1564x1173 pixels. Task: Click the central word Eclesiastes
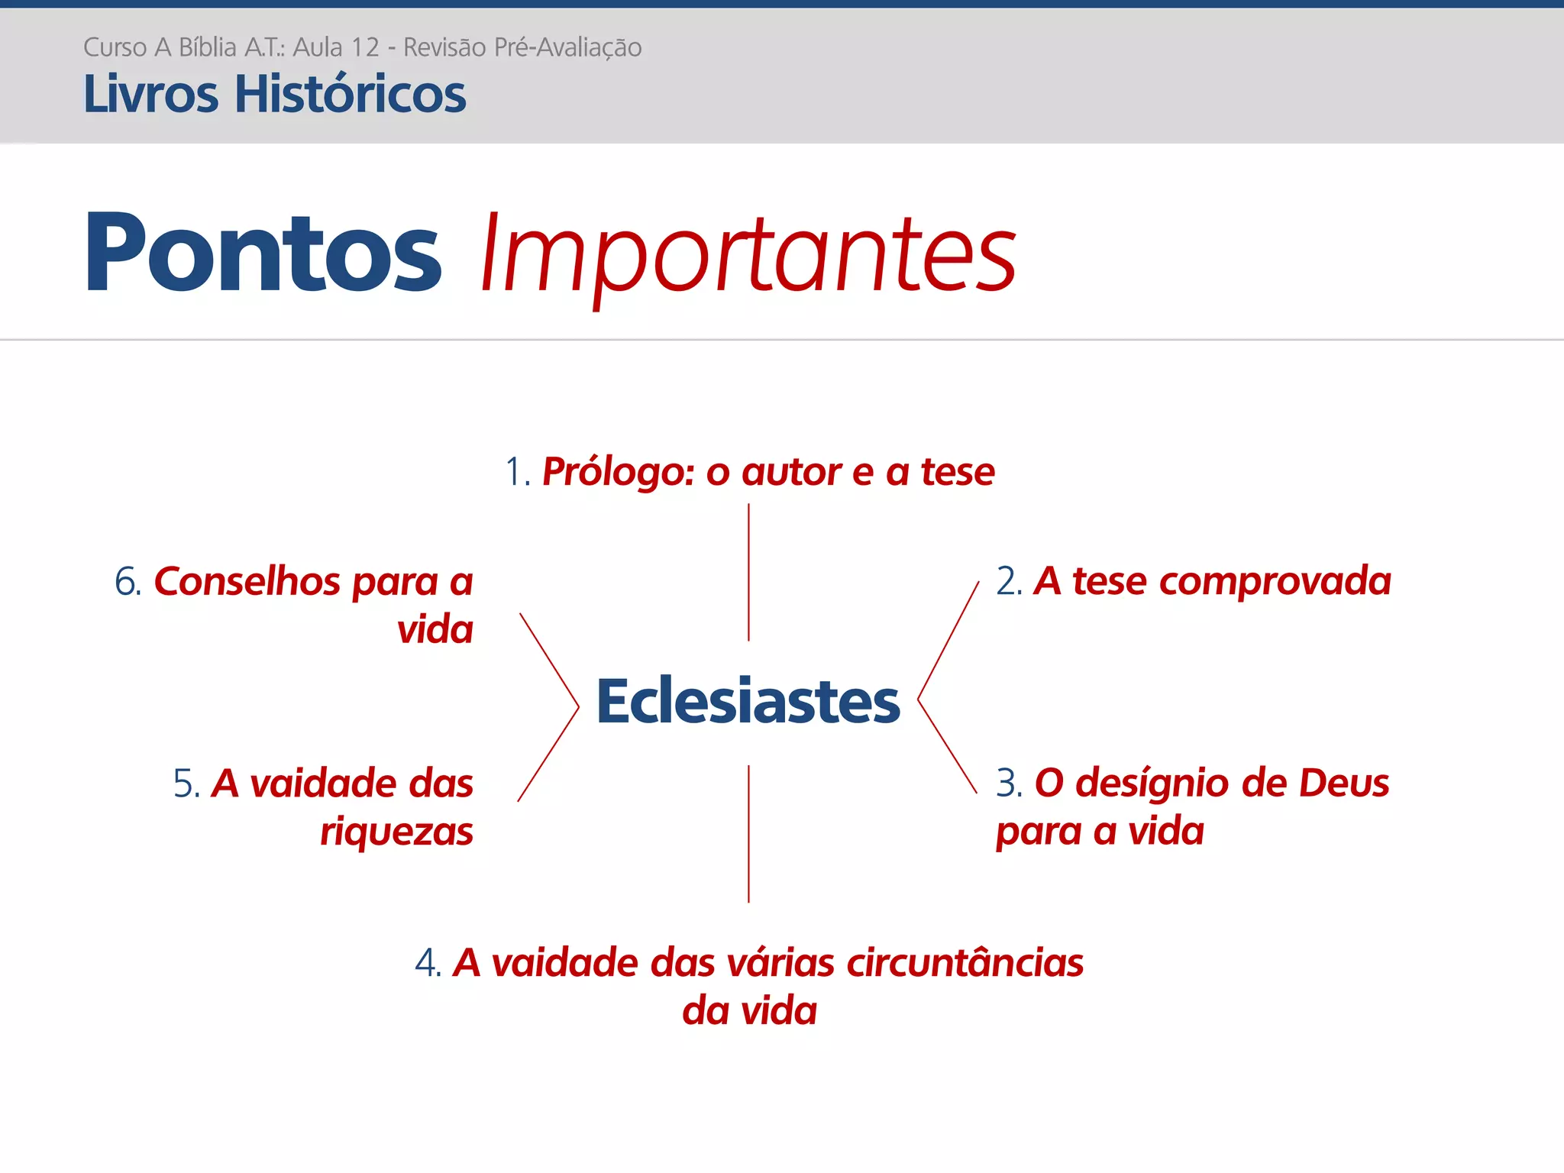pos(748,701)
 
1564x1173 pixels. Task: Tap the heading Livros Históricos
pos(274,94)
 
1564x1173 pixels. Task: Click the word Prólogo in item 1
pos(617,472)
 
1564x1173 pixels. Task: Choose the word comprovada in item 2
pos(1275,582)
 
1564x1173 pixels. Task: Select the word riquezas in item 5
pos(396,832)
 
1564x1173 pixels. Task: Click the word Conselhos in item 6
pos(247,582)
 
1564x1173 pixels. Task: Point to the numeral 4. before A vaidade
pos(428,963)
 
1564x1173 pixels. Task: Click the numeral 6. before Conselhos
pos(128,582)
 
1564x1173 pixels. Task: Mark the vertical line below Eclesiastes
pos(748,834)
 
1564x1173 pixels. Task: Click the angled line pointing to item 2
pos(948,640)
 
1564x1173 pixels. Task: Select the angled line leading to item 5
pos(548,755)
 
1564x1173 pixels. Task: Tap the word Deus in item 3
pos(1343,784)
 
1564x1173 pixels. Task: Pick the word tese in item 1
pos(958,472)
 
